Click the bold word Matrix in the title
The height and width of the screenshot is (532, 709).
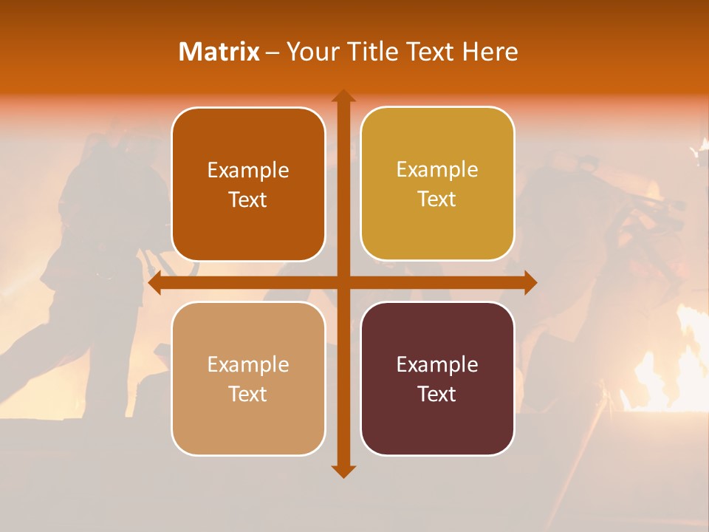coord(219,51)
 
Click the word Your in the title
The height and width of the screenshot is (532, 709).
coord(309,51)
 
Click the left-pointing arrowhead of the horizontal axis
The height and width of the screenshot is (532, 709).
coord(156,283)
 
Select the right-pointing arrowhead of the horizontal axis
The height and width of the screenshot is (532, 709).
coord(530,283)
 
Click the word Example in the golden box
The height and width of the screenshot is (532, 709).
coord(437,170)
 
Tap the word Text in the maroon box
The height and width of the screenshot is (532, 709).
coord(437,394)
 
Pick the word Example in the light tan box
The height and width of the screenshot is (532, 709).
coord(248,364)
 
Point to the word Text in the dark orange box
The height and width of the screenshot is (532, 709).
coord(248,199)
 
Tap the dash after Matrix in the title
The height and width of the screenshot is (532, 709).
coord(273,52)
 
